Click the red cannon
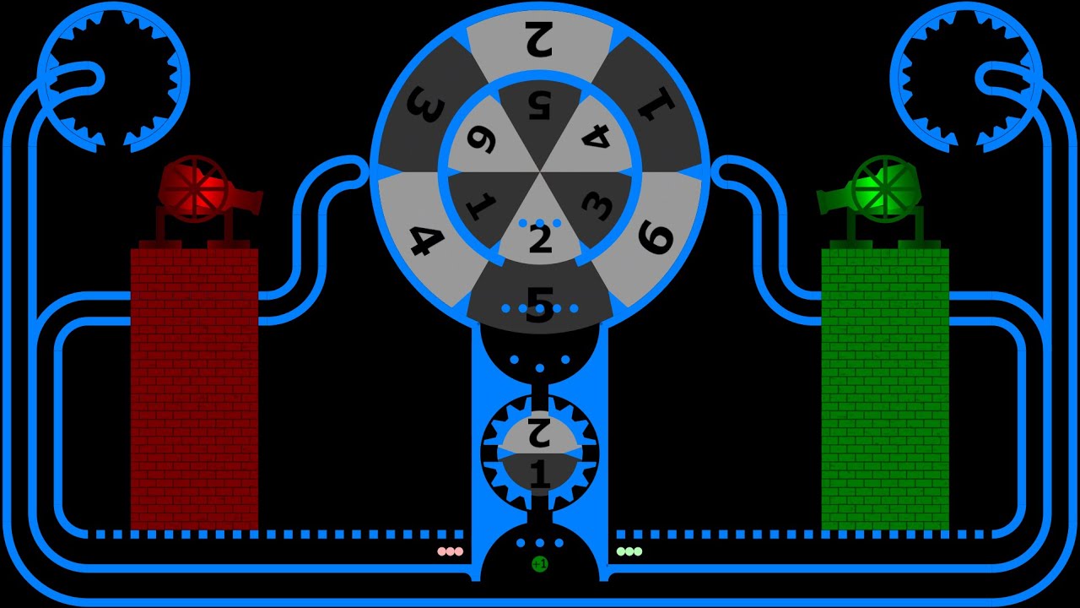pyautogui.click(x=202, y=190)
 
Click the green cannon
pyautogui.click(x=877, y=190)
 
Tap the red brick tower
pyautogui.click(x=194, y=388)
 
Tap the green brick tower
pyautogui.click(x=885, y=388)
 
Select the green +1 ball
pyautogui.click(x=540, y=563)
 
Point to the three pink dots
pyautogui.click(x=450, y=551)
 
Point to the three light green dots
pyautogui.click(x=629, y=551)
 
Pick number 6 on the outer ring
pyautogui.click(x=656, y=236)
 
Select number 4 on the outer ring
pyautogui.click(x=425, y=238)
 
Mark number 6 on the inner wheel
pyautogui.click(x=481, y=140)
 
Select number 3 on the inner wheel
pyautogui.click(x=597, y=205)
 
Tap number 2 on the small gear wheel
pyautogui.click(x=540, y=433)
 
